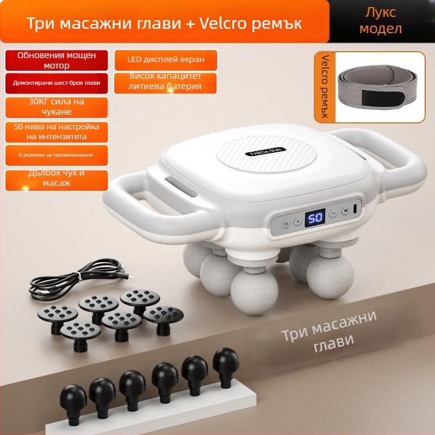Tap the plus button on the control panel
click(297, 221)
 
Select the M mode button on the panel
click(345, 212)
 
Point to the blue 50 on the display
click(315, 218)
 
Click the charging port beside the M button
click(356, 209)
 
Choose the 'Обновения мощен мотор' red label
click(57, 60)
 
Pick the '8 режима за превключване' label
click(57, 156)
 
